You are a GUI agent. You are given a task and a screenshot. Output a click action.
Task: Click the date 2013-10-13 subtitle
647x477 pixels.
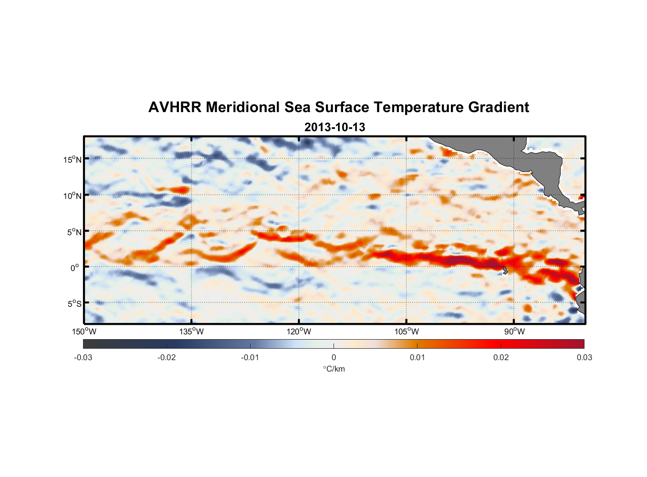334,127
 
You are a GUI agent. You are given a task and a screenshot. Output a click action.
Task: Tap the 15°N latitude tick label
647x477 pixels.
72,159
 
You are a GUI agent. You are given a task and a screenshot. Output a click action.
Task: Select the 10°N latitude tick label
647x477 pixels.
72,196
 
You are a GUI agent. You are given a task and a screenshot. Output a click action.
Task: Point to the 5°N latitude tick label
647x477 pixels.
74,232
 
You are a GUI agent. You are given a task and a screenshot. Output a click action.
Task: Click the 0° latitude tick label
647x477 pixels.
75,268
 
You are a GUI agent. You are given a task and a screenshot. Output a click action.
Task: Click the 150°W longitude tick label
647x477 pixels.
84,332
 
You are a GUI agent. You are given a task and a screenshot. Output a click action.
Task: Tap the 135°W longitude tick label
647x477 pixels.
192,332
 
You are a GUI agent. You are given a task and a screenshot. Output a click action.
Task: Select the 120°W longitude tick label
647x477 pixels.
299,332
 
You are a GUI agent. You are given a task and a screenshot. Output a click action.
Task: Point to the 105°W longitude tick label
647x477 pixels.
407,332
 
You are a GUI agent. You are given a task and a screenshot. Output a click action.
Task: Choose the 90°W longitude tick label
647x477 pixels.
514,332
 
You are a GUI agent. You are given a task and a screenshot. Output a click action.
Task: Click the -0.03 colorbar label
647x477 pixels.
83,358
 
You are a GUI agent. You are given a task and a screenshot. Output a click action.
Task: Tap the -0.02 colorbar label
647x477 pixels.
167,358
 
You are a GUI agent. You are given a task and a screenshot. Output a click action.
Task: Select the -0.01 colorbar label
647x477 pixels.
250,358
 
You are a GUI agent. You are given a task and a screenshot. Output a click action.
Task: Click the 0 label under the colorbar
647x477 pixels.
334,358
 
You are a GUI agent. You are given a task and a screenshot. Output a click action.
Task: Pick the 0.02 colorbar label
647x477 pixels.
501,358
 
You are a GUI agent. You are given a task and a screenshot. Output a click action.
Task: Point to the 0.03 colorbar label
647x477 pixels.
584,358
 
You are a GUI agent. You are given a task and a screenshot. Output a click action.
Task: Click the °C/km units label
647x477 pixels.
334,369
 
